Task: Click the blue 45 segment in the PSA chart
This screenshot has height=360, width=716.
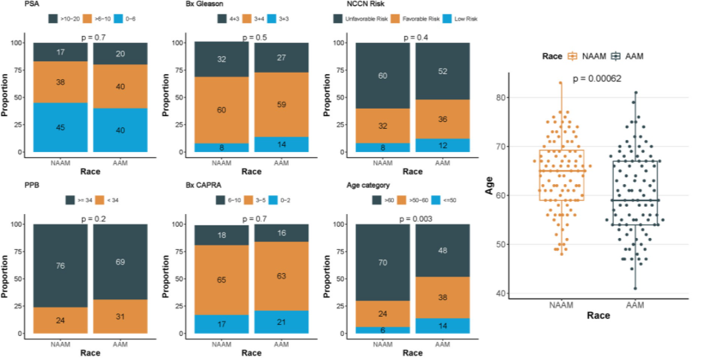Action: coord(61,127)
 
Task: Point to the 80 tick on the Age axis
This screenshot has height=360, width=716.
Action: coord(500,97)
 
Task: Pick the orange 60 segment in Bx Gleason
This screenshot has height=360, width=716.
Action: coord(221,110)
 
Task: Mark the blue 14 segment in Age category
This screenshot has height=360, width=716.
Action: coord(443,326)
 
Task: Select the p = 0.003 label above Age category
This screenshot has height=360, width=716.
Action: coord(413,219)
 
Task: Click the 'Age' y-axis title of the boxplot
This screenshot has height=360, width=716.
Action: coord(489,185)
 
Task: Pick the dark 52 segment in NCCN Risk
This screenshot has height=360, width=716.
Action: coord(443,71)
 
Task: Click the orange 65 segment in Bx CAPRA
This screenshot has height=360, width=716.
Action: coord(221,280)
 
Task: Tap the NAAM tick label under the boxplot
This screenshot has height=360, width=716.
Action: coord(561,305)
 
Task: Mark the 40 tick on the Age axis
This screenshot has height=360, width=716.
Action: coord(500,293)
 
